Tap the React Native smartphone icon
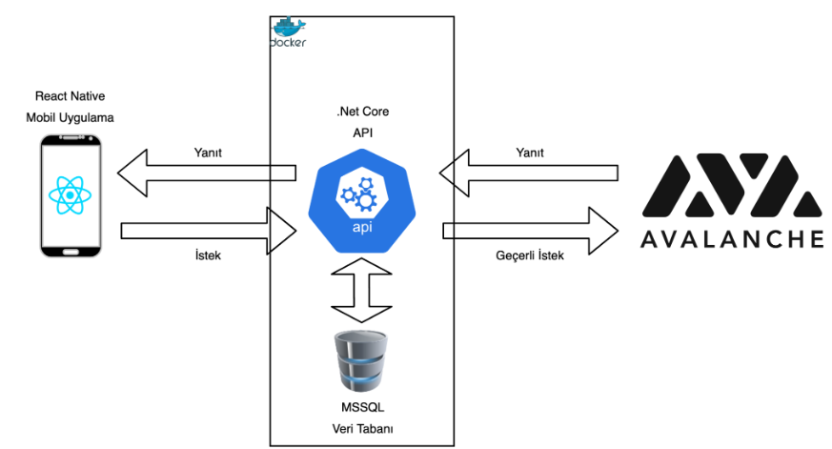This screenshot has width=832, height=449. pos(71,196)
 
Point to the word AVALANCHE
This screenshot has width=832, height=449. pos(731,237)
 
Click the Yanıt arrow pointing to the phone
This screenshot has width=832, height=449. pos(206,173)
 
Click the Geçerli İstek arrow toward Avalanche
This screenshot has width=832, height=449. pos(530,230)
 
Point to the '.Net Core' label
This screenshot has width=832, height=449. pos(362,112)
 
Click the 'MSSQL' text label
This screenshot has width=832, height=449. pos(361,408)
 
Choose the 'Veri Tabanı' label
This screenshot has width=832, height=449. pos(361,429)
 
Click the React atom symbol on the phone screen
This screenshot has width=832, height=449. pos(71,195)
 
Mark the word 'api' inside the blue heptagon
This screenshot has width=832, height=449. pos(363,229)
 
